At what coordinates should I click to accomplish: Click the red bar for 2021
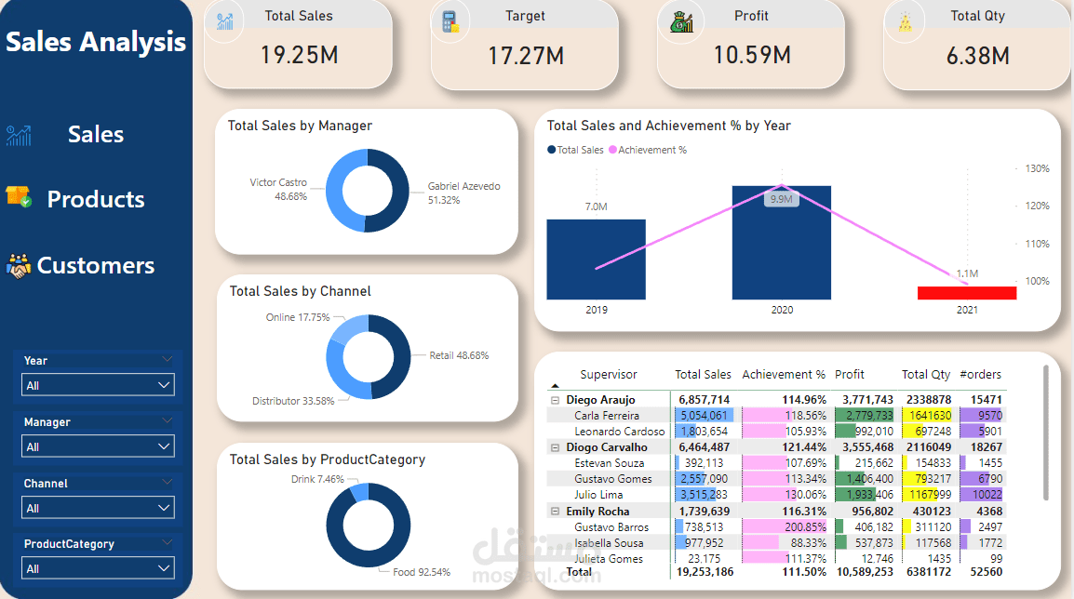(x=967, y=293)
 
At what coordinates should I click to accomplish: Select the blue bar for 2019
(x=596, y=260)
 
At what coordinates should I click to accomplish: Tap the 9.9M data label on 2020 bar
(x=780, y=199)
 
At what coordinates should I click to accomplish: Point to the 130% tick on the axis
(x=1037, y=168)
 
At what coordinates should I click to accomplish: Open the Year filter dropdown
(x=98, y=385)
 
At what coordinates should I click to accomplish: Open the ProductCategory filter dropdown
(x=98, y=568)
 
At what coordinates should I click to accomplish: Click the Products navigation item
(x=95, y=199)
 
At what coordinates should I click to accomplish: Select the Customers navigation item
(x=95, y=265)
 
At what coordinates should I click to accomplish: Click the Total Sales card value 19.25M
(x=299, y=55)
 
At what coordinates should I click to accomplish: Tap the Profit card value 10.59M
(x=752, y=55)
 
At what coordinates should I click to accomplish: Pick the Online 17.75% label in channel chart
(x=298, y=317)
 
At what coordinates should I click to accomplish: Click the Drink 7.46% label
(x=317, y=479)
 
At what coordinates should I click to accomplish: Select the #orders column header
(x=980, y=375)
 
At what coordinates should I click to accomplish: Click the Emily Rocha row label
(x=597, y=512)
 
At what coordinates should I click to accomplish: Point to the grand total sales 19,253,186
(x=702, y=572)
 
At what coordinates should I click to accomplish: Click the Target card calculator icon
(x=451, y=22)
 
